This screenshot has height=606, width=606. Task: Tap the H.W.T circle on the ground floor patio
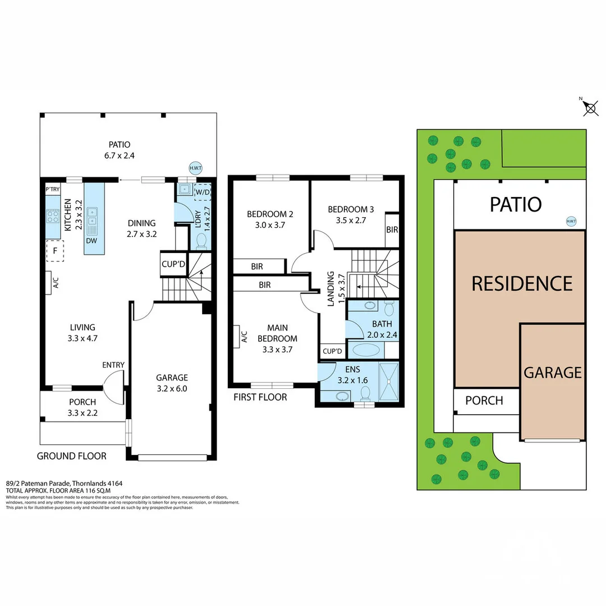(x=196, y=167)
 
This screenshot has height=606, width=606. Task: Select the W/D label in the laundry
(x=201, y=192)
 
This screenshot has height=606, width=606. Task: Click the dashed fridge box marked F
(x=55, y=250)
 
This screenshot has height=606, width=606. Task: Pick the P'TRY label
(x=53, y=190)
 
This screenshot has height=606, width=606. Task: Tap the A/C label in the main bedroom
(x=244, y=336)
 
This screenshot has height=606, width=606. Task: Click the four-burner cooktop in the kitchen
(x=53, y=215)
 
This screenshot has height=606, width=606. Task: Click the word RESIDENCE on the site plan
(x=521, y=283)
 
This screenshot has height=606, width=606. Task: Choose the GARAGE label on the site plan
(x=552, y=373)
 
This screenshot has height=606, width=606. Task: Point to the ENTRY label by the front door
(x=113, y=365)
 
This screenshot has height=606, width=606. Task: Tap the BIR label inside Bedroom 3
(x=392, y=230)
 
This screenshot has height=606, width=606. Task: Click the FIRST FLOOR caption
(x=260, y=397)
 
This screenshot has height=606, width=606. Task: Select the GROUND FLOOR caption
(x=71, y=456)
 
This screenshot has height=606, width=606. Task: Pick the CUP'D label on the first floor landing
(x=332, y=352)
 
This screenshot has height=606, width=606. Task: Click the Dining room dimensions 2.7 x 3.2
(x=141, y=234)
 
